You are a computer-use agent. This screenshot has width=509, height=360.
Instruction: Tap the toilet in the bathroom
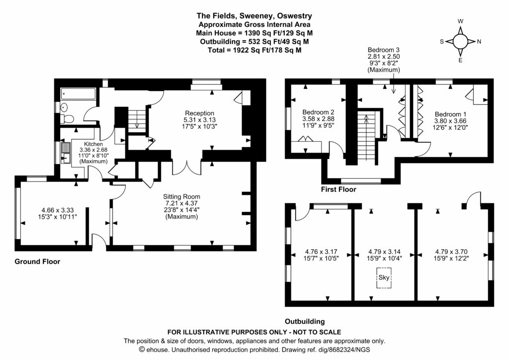pos(69,119)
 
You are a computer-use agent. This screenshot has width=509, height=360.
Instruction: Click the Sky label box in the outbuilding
pos(383,278)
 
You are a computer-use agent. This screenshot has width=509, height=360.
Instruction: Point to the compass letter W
pos(460,21)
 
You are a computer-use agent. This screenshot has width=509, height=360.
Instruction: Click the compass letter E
pos(460,61)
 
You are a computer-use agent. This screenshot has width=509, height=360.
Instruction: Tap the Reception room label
pos(199,113)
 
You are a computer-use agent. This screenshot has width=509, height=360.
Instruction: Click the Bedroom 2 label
pos(318,112)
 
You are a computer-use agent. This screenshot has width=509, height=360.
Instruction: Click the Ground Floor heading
pos(37,262)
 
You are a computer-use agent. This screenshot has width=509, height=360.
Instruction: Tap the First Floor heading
pos(339,189)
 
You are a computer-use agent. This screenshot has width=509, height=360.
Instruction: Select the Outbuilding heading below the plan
pos(305,321)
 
